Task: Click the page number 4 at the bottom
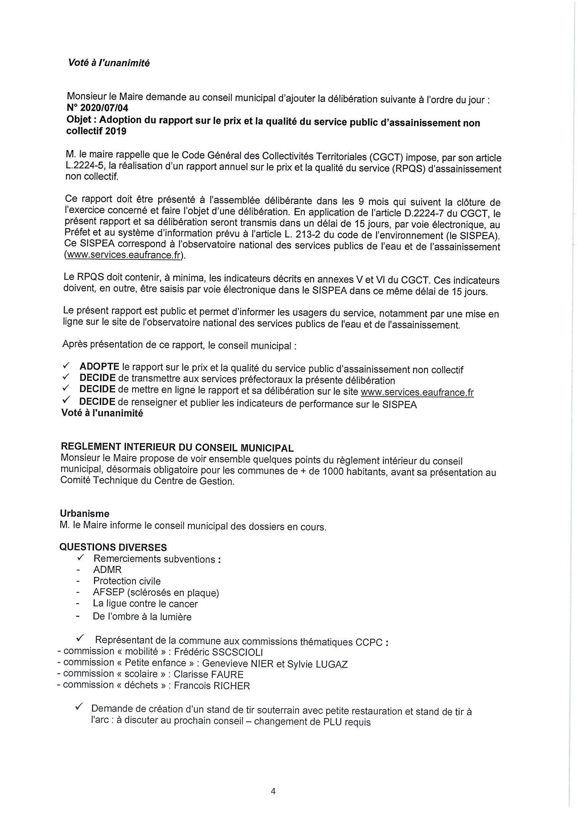[x=273, y=791]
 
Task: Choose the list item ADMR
[x=107, y=570]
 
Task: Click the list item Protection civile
[x=127, y=581]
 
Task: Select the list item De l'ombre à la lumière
[x=142, y=617]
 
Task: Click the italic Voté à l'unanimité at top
[x=108, y=63]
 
